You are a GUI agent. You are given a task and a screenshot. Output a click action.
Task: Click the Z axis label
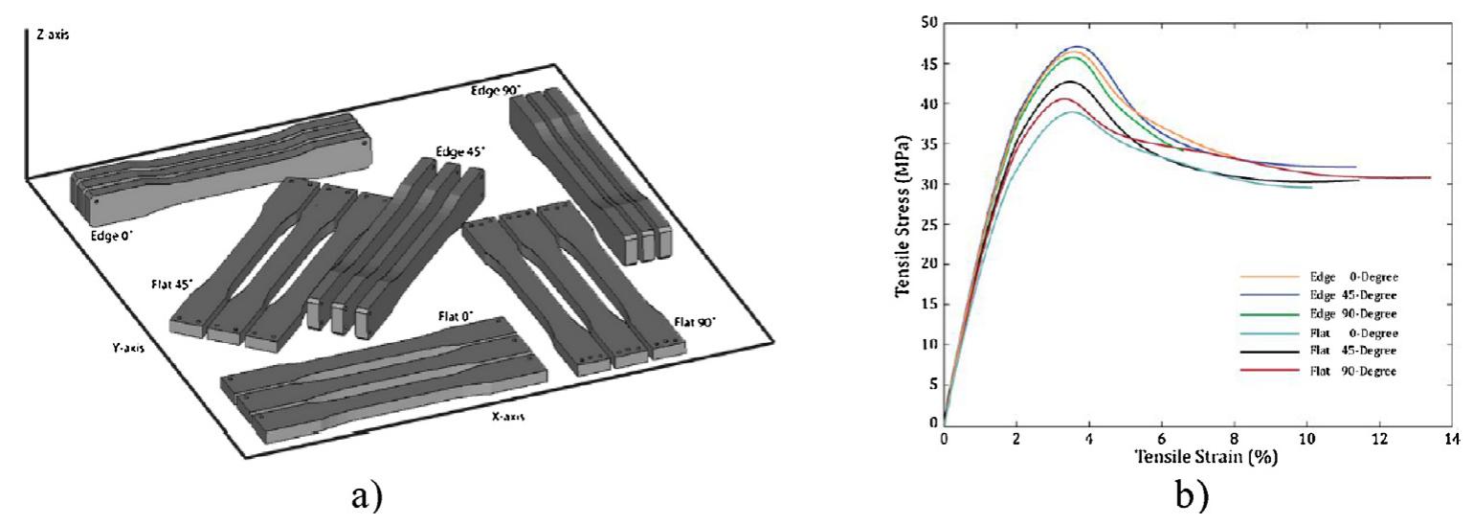[52, 34]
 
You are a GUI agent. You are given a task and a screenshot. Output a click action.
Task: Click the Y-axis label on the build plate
[126, 348]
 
